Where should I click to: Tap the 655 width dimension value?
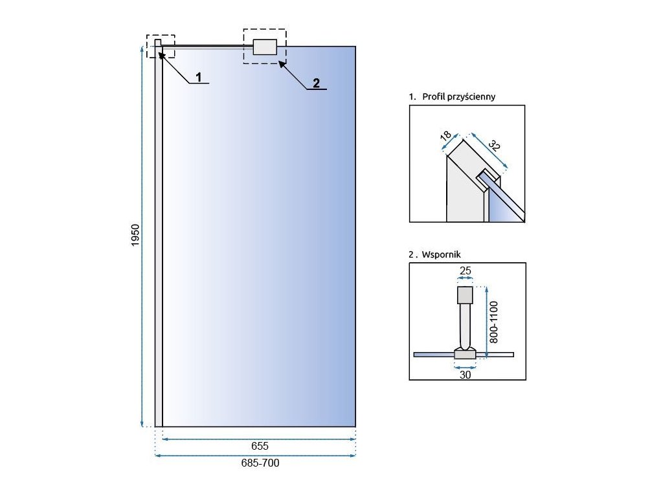click(x=259, y=446)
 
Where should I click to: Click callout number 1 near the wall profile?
click(x=199, y=77)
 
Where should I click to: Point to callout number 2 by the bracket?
click(x=316, y=82)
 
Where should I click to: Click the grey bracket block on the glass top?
click(x=265, y=47)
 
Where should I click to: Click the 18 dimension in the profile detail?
click(x=445, y=137)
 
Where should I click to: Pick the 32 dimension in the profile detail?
click(x=494, y=146)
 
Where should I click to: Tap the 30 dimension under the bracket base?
click(x=465, y=374)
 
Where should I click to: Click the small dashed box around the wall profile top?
click(x=161, y=46)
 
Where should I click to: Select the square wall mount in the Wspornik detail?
click(x=466, y=295)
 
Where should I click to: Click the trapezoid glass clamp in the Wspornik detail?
click(x=466, y=353)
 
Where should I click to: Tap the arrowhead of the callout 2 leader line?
click(x=280, y=62)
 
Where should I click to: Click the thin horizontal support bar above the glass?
click(x=207, y=45)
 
